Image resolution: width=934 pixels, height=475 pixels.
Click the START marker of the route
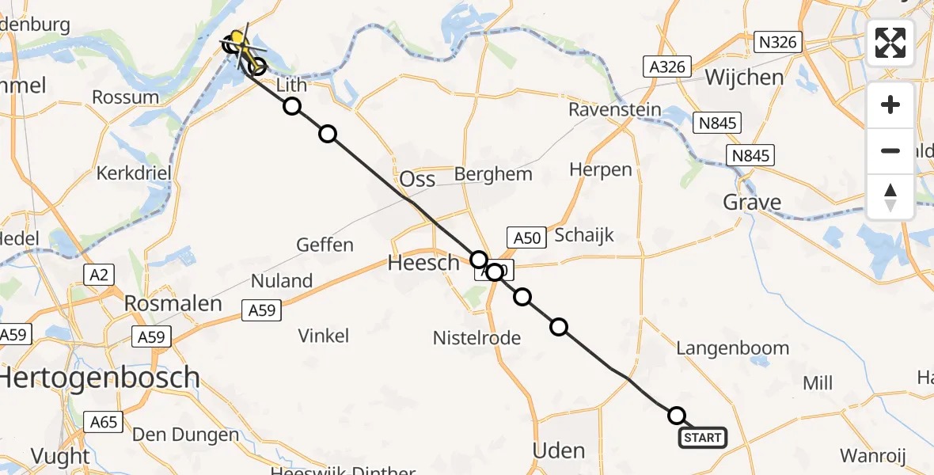coord(702,438)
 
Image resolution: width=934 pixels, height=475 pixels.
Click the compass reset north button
coord(890,196)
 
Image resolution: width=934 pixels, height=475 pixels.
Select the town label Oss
coord(417,179)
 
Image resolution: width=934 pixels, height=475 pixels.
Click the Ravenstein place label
coord(614,109)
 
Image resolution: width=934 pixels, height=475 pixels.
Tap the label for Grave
coord(752,203)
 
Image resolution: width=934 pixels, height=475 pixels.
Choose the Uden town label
coord(559,451)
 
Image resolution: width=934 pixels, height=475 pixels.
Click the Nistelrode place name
coord(476,338)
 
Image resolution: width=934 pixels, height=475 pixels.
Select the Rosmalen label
coord(173,303)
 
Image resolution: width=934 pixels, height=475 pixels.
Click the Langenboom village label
coord(733,348)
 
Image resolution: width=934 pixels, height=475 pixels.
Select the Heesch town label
coord(423,263)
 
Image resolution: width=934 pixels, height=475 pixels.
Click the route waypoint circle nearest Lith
coord(292,106)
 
